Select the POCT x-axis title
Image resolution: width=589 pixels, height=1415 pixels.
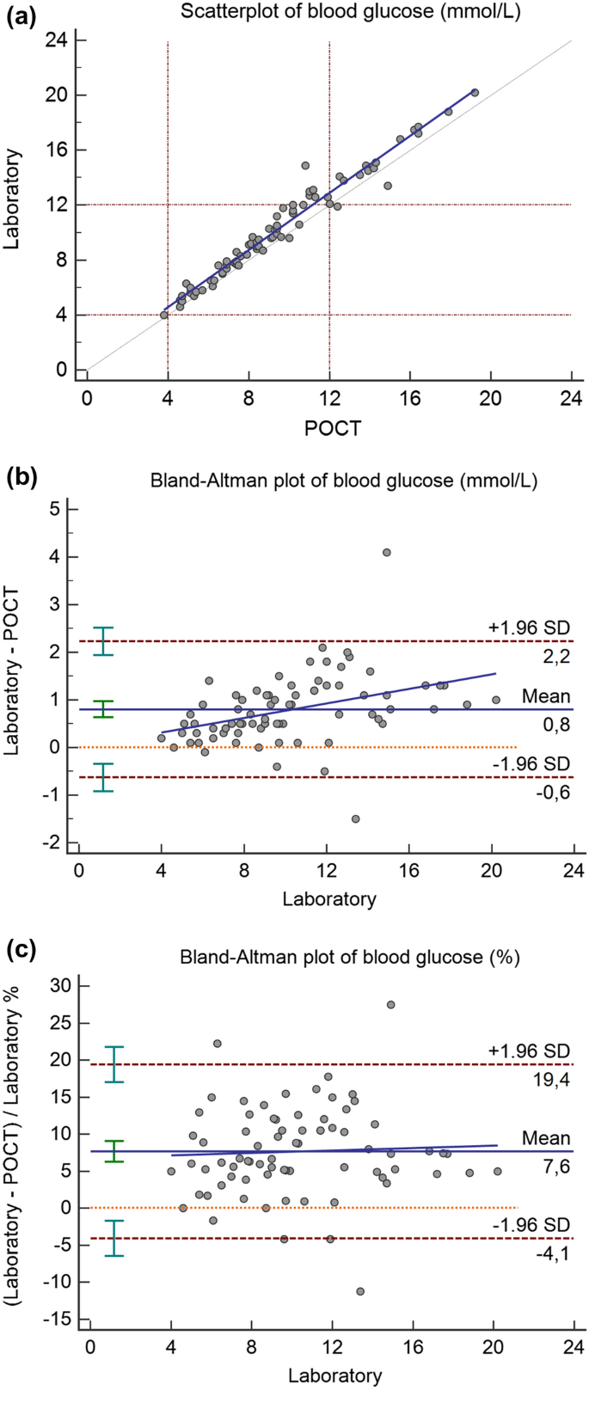pos(332,427)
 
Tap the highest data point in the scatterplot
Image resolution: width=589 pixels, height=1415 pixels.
pos(475,92)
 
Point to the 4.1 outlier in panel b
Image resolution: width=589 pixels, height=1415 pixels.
pos(386,553)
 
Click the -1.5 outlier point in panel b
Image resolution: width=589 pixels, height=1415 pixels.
pos(355,818)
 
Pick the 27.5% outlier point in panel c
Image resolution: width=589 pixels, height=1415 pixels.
pos(390,1004)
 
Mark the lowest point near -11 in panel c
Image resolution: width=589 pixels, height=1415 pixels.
pos(360,1291)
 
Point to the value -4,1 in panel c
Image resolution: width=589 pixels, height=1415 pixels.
pos(551,1254)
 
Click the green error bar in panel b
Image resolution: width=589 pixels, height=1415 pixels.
pos(103,709)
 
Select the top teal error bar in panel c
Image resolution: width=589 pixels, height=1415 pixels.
pos(114,1064)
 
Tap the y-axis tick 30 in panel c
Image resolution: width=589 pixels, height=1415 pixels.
pos(61,985)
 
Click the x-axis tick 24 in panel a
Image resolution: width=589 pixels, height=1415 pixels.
pos(571,400)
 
